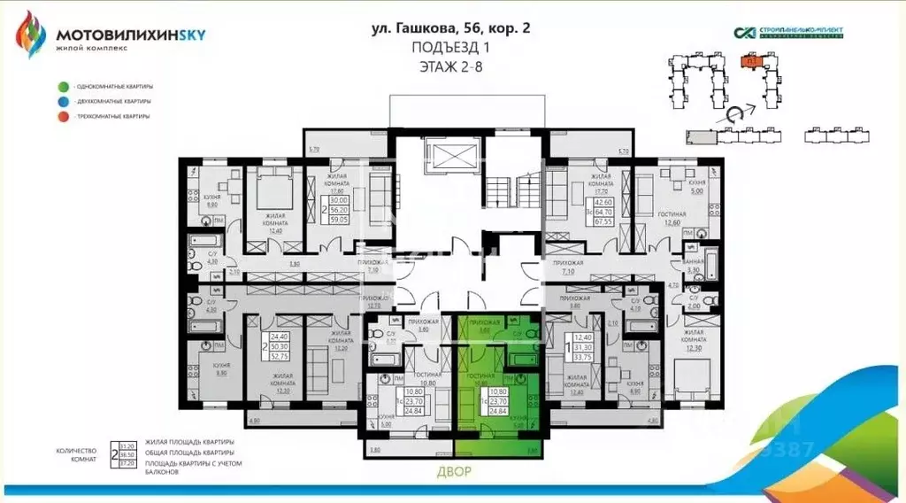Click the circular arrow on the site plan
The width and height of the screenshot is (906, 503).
(x=734, y=114)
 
